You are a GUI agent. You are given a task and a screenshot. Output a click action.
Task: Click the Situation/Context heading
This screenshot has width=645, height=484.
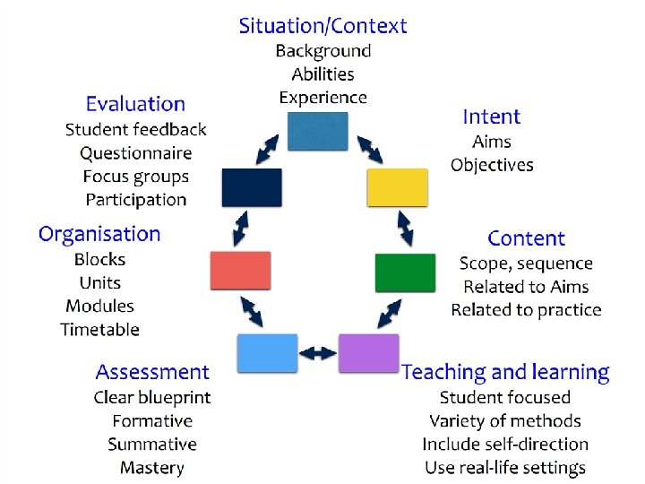322,26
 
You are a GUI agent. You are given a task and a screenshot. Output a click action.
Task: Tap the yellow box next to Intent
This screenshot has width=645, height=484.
398,187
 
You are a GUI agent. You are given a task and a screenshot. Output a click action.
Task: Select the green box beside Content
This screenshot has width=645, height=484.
405,272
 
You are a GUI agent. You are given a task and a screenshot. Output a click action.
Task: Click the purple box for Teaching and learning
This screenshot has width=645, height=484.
368,353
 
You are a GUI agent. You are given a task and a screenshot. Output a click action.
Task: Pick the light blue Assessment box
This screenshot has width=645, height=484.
267,353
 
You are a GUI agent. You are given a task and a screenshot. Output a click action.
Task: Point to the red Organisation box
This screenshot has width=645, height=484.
240,271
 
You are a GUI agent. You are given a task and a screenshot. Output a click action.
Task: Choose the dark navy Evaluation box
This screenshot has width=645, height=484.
252,187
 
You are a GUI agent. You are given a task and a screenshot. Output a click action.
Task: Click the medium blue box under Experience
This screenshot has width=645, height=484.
317,131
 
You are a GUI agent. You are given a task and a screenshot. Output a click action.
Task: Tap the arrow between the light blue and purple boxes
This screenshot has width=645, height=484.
317,353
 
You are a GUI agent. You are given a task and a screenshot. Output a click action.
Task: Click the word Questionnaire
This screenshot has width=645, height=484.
135,153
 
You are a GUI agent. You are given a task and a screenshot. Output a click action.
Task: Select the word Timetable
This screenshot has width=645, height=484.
100,329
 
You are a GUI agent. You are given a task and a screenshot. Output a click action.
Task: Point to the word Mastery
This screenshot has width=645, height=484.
152,467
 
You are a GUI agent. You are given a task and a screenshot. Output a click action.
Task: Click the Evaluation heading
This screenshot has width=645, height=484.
135,105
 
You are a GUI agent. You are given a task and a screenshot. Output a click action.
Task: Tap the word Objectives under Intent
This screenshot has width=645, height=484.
492,165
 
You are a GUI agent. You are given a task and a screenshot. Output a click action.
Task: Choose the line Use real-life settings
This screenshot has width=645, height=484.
505,467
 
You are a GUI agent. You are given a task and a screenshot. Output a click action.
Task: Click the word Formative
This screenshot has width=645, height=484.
152,420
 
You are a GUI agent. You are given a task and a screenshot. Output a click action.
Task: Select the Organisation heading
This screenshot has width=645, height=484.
99,235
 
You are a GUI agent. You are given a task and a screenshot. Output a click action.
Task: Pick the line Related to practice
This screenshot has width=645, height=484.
526,310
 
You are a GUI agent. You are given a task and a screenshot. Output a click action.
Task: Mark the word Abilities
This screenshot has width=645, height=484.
322,74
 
